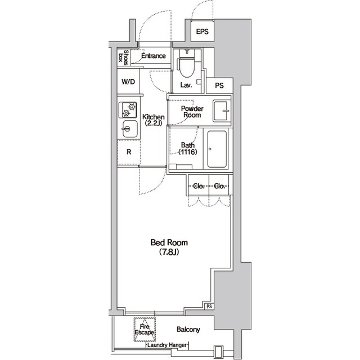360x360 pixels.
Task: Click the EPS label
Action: pyautogui.click(x=202, y=31)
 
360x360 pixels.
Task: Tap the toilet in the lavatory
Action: pyautogui.click(x=187, y=63)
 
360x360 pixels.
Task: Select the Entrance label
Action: pyautogui.click(x=154, y=56)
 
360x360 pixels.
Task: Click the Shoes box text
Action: pyautogui.click(x=124, y=57)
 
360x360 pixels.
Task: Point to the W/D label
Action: pyautogui.click(x=128, y=82)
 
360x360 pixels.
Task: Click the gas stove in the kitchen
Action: pyautogui.click(x=128, y=110)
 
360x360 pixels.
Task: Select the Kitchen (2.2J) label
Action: pyautogui.click(x=154, y=120)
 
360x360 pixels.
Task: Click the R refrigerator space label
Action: pyautogui.click(x=129, y=152)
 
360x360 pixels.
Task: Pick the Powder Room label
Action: pyautogui.click(x=192, y=111)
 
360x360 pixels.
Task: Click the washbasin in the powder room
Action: pyautogui.click(x=222, y=111)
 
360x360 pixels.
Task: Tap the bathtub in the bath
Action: pyautogui.click(x=217, y=149)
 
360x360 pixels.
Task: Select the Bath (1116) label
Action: pyautogui.click(x=188, y=148)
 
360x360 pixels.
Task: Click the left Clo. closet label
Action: pyautogui.click(x=199, y=186)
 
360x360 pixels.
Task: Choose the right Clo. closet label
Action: pyautogui.click(x=219, y=186)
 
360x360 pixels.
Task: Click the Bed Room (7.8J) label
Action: pyautogui.click(x=169, y=247)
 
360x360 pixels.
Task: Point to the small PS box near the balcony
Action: pyautogui.click(x=209, y=306)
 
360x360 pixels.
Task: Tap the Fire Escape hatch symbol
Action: pyautogui.click(x=145, y=329)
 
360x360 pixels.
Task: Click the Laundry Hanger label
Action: pyautogui.click(x=167, y=345)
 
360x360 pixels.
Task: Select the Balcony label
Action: pyautogui.click(x=188, y=330)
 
